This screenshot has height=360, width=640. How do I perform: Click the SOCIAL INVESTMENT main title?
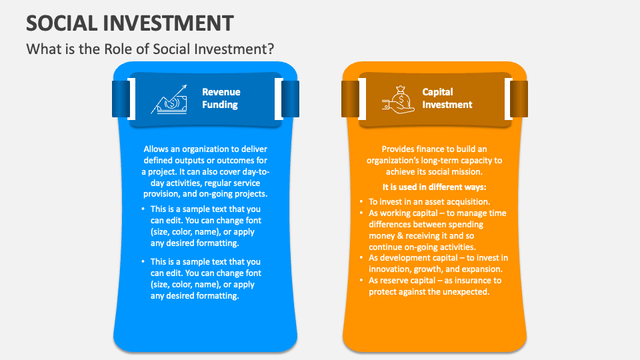pos(129,23)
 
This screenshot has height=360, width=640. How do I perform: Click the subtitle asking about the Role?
pos(150,49)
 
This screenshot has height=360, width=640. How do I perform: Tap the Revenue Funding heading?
pos(221,98)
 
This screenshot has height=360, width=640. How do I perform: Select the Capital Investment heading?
pos(447,98)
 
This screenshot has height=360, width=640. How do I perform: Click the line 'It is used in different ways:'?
pos(434,187)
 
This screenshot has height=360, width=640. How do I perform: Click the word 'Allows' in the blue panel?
pos(157,149)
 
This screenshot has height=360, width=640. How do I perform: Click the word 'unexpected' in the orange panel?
pos(465,292)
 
